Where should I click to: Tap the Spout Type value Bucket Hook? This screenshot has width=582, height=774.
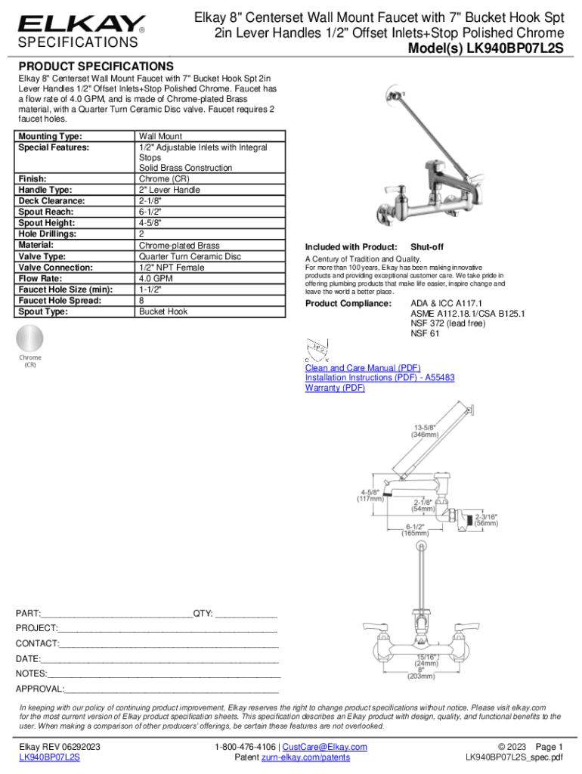(163, 311)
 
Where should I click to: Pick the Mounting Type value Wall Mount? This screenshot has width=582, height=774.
(161, 136)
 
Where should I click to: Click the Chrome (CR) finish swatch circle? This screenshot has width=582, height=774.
(31, 338)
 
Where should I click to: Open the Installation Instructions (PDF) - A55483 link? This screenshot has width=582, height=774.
(379, 377)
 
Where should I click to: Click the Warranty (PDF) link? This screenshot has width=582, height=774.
(335, 388)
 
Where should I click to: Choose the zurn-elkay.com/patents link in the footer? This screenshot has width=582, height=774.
(306, 757)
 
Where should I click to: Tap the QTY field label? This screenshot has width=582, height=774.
(204, 613)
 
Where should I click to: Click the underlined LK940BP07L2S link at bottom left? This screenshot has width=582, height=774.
(50, 757)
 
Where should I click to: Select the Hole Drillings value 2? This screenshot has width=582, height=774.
(141, 234)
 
